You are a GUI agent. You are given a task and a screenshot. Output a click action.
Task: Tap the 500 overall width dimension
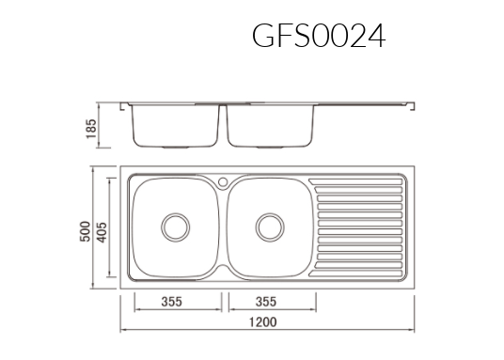84,229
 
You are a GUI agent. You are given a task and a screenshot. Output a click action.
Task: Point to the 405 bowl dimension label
100,229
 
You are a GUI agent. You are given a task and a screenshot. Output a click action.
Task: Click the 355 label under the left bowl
170,303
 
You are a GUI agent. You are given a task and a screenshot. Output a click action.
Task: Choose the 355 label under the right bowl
265,303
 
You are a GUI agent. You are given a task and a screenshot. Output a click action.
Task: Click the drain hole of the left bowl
175,226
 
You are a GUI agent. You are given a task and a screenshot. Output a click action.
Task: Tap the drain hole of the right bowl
269,226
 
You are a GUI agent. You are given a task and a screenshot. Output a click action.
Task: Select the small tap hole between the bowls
223,180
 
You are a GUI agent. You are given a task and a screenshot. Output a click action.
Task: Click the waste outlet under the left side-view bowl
174,149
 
